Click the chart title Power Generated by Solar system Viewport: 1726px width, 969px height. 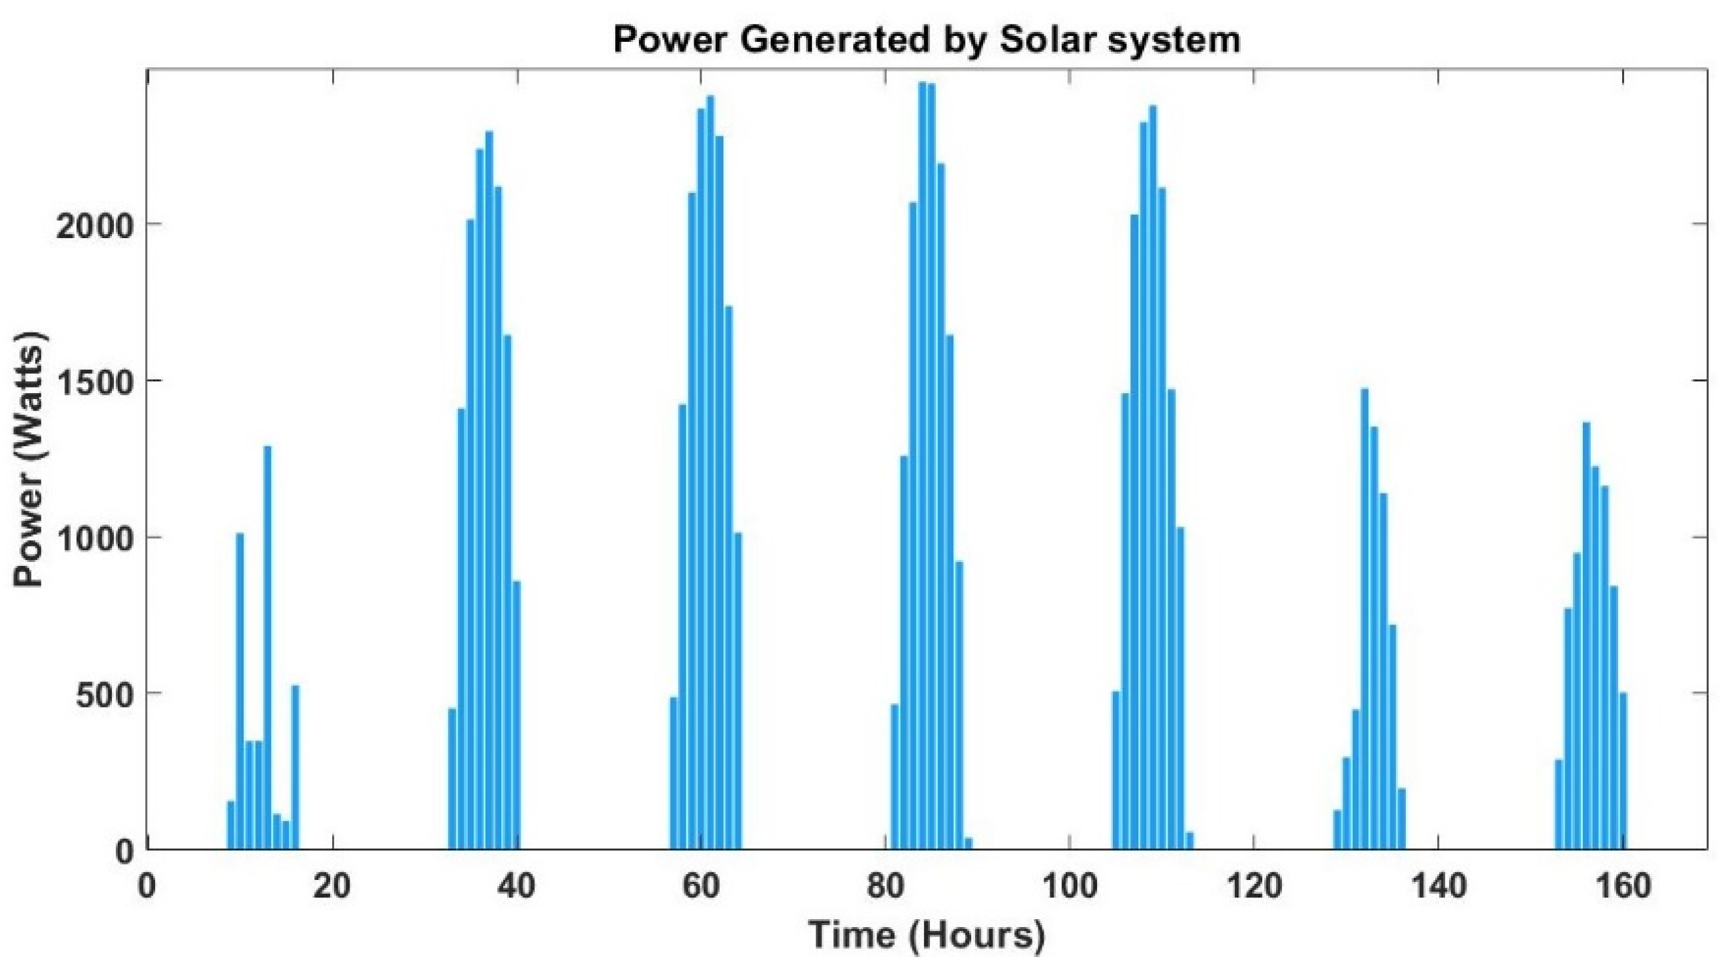(927, 40)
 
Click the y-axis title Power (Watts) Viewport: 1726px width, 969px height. (30, 460)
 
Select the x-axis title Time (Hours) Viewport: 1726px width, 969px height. (927, 935)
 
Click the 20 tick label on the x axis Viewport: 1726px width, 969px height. (332, 887)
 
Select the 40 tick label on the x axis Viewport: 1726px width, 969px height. (517, 887)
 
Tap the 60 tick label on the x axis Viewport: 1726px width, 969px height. (701, 887)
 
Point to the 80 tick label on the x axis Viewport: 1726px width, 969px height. (885, 887)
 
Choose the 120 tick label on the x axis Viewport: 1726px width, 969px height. (1252, 887)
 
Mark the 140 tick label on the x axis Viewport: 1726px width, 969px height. (1437, 887)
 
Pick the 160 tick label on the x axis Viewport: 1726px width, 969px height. (1621, 887)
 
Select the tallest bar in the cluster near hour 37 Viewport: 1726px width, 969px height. (489, 489)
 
